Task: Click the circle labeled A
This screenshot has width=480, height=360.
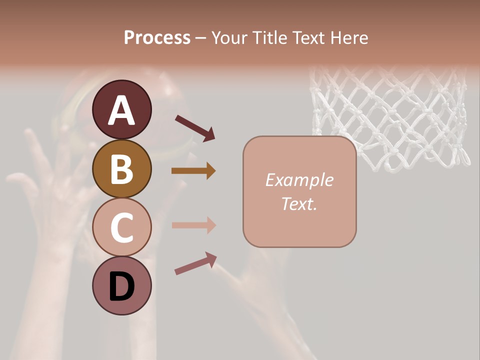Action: tap(121, 109)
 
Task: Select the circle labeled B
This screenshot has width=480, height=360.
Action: tap(121, 168)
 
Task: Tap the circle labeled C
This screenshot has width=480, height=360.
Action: tap(121, 227)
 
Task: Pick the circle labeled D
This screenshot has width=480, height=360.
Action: tap(121, 285)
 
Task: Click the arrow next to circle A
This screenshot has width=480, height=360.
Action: tap(195, 128)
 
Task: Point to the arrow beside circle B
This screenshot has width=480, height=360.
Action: tap(193, 171)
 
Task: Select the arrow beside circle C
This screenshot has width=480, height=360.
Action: tap(193, 225)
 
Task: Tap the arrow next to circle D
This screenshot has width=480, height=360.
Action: tap(195, 263)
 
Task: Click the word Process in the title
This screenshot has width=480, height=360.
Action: tap(157, 37)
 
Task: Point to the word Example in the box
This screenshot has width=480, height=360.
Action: tap(299, 180)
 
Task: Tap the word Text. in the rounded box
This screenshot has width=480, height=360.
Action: tap(299, 203)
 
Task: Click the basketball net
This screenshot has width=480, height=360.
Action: tap(390, 117)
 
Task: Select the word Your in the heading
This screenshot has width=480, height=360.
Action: tap(228, 37)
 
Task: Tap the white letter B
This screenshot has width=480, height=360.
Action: tap(121, 168)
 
